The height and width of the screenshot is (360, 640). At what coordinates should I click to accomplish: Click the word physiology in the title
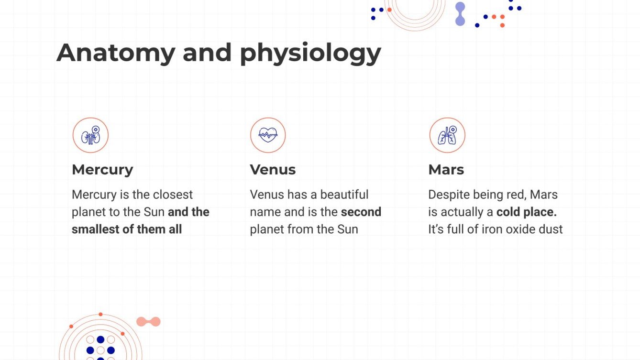click(x=310, y=54)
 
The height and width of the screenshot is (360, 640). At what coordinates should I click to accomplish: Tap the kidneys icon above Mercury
click(x=90, y=136)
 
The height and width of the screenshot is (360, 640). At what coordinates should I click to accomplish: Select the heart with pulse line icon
click(x=268, y=135)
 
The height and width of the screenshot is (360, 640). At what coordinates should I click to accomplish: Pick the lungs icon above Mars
click(x=447, y=136)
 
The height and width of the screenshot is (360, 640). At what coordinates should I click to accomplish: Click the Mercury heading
click(x=102, y=170)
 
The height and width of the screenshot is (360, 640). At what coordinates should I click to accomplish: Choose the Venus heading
click(x=273, y=170)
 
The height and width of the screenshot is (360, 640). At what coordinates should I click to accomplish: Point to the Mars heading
click(x=446, y=170)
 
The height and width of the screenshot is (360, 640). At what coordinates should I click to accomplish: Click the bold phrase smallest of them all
click(x=127, y=229)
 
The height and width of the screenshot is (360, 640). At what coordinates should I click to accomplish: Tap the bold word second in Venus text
click(x=361, y=212)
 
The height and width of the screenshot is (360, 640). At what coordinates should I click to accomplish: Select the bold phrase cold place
click(x=526, y=212)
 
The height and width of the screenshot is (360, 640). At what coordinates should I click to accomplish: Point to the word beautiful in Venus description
click(x=344, y=195)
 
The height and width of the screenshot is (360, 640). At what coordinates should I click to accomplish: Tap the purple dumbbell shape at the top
click(x=460, y=14)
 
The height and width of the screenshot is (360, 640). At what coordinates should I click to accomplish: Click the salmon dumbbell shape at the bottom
click(x=148, y=322)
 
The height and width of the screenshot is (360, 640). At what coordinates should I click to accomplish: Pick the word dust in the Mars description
click(x=552, y=229)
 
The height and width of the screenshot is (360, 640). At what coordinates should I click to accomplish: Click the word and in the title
click(x=208, y=53)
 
